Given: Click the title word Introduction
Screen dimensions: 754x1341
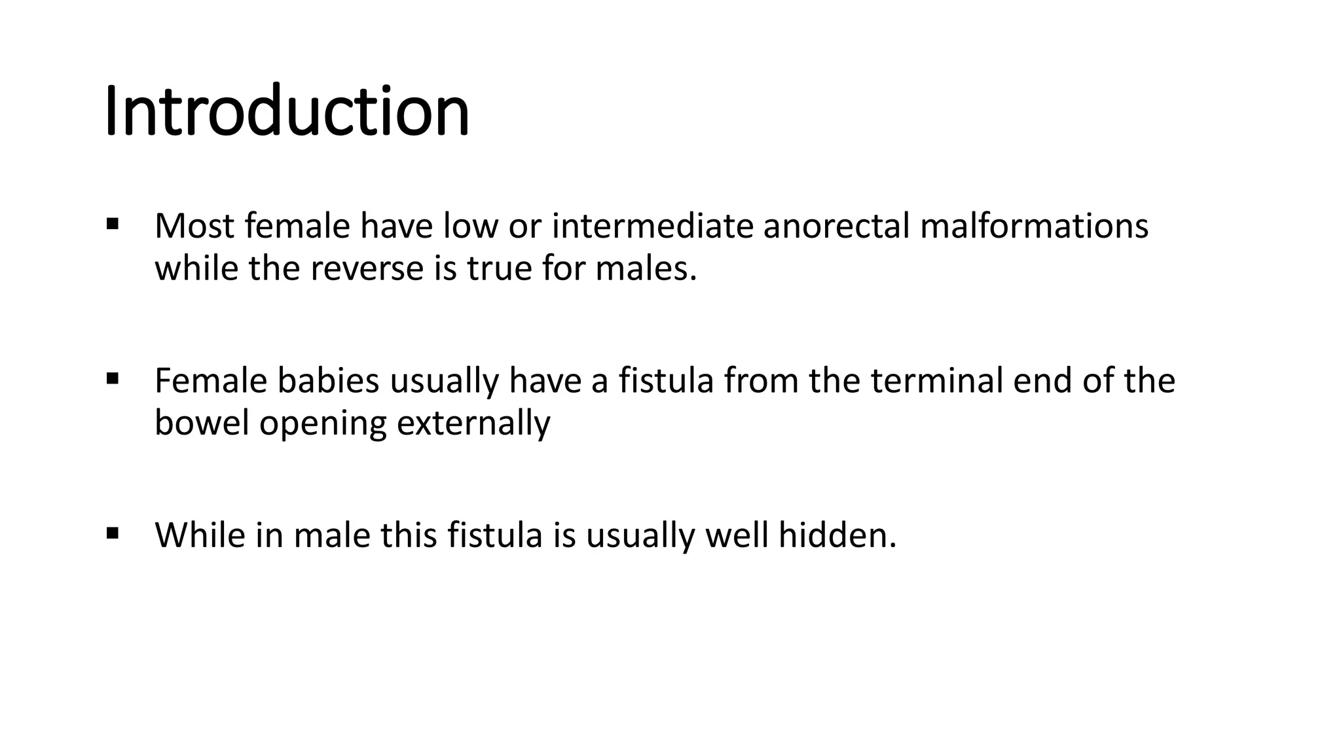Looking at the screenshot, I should [x=287, y=111].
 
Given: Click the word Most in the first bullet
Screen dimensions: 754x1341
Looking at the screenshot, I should [x=194, y=226].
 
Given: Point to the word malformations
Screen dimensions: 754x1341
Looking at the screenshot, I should [x=1034, y=226].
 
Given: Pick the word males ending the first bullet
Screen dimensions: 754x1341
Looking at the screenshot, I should [x=645, y=268].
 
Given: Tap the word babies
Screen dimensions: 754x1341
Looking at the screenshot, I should [x=328, y=380].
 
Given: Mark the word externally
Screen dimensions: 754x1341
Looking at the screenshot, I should [x=473, y=424].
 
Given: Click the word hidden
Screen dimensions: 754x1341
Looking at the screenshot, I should [x=837, y=535].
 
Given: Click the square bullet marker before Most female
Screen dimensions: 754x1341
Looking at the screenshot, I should [x=112, y=224].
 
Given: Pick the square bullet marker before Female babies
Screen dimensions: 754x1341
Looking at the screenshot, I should [x=112, y=378].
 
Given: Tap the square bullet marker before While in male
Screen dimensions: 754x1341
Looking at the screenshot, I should [x=112, y=533].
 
